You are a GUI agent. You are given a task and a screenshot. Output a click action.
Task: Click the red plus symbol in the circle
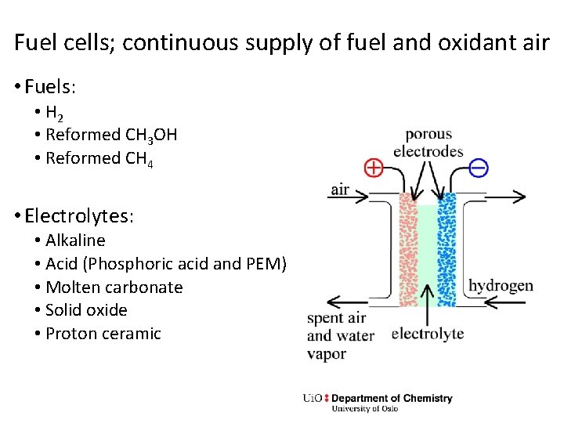[374, 168]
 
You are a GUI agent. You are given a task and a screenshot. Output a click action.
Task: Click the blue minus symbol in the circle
[478, 167]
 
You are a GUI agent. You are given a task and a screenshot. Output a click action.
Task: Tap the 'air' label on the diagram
[340, 190]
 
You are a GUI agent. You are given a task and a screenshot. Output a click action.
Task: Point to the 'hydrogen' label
[500, 285]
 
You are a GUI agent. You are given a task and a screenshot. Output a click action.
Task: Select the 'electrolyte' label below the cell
[427, 334]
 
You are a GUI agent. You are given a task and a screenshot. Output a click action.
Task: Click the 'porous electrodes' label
[428, 143]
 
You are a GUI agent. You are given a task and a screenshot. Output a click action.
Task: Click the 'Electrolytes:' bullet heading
[79, 215]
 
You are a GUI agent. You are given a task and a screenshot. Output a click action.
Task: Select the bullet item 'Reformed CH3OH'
[111, 135]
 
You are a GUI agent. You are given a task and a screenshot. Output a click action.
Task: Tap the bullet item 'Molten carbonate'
[114, 287]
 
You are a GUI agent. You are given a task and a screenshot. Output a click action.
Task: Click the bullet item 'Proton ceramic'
[103, 333]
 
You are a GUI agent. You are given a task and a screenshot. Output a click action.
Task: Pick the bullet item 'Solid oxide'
[86, 309]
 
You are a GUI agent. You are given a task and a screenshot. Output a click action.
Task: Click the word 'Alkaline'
[75, 240]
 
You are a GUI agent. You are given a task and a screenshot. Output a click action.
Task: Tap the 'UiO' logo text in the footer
[313, 398]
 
